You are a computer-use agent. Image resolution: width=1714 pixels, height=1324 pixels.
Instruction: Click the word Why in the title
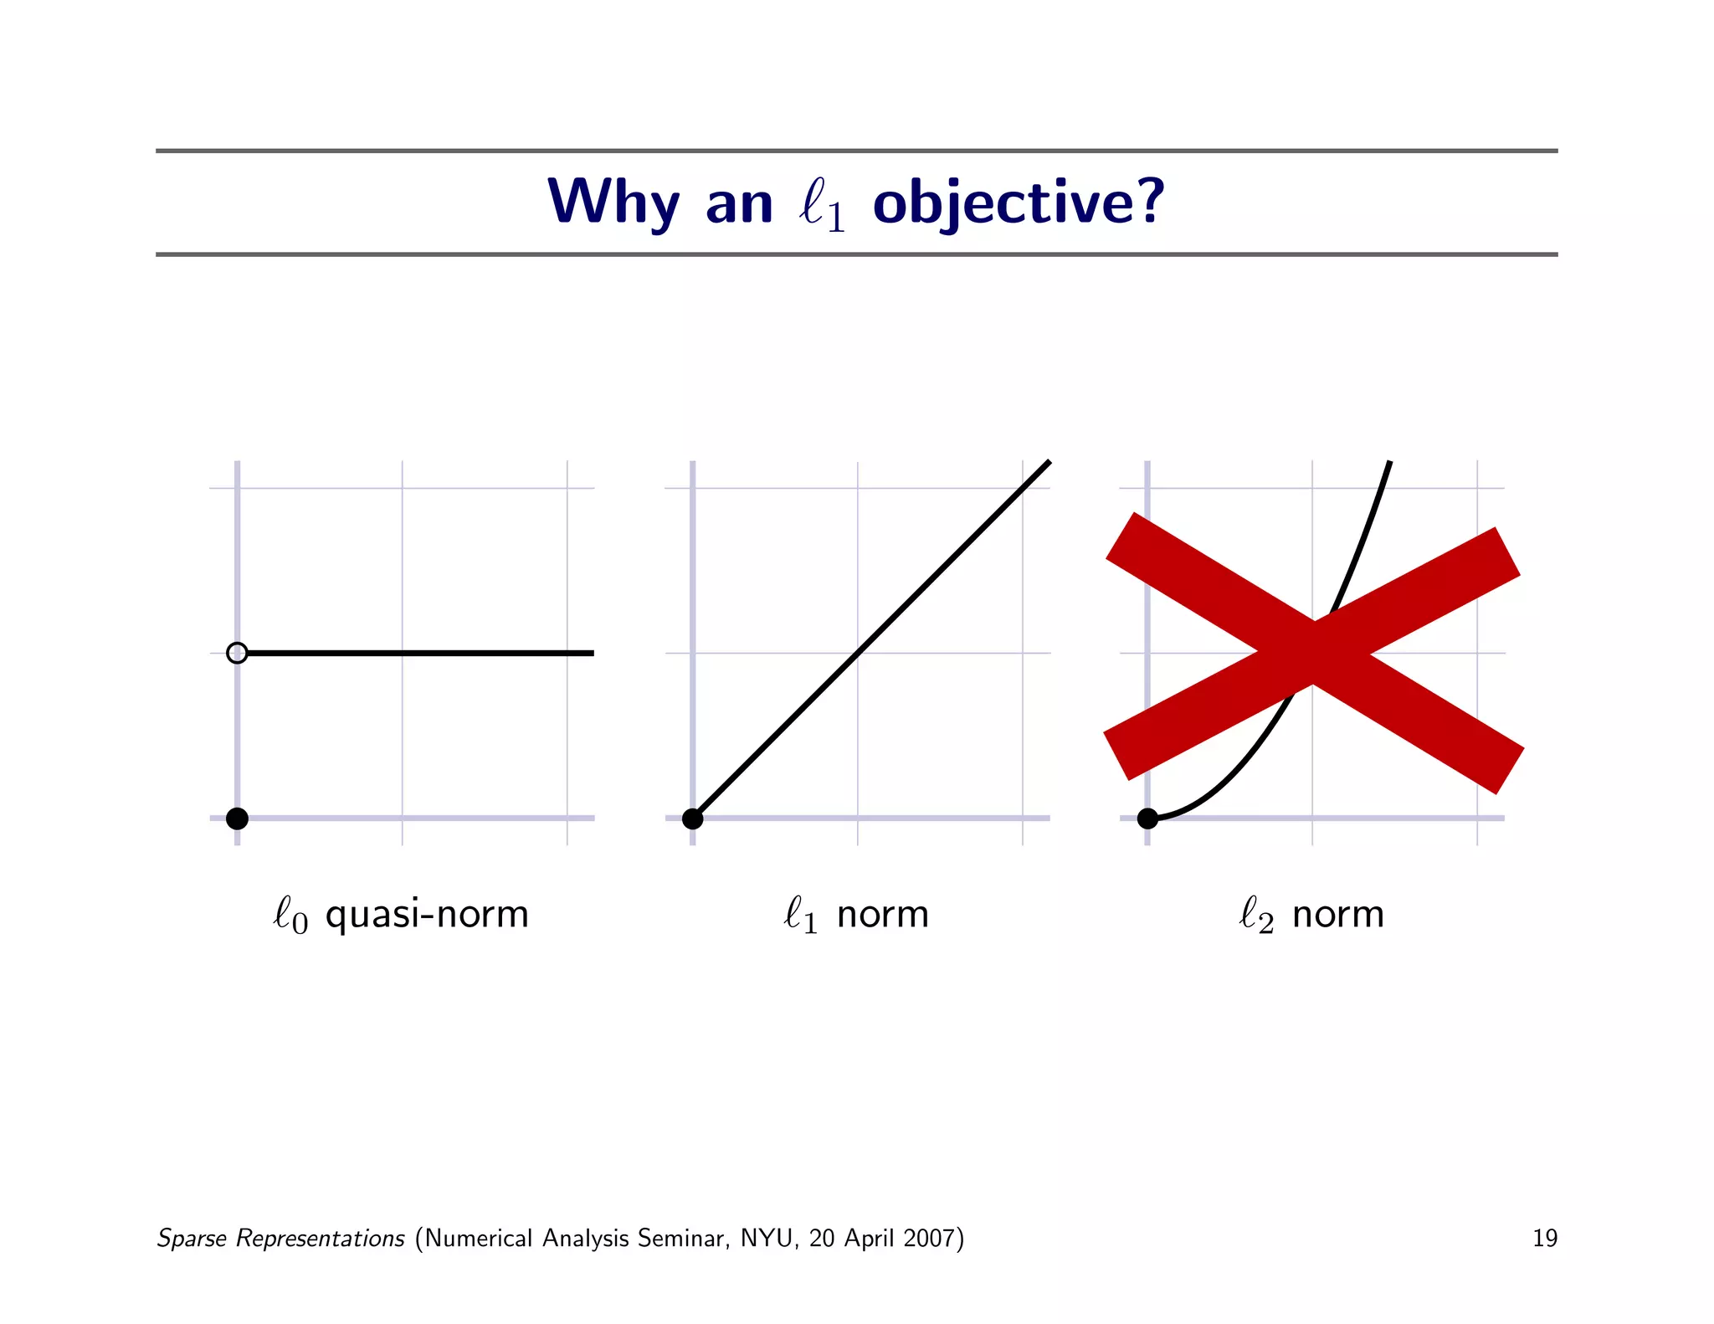pyautogui.click(x=613, y=203)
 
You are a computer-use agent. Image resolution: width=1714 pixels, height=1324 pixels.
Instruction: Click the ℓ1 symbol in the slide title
pyautogui.click(x=822, y=204)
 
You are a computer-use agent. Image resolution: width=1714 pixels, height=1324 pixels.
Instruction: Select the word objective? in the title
pyautogui.click(x=1018, y=203)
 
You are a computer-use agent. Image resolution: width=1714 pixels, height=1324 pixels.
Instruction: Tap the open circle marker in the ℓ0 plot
pyautogui.click(x=238, y=653)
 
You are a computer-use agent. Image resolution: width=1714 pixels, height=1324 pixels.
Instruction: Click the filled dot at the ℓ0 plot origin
pyautogui.click(x=238, y=819)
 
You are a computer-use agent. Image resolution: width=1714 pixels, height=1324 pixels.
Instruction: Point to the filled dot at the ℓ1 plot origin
pyautogui.click(x=693, y=819)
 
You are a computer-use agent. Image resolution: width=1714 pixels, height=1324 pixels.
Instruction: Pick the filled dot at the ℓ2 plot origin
pyautogui.click(x=1147, y=819)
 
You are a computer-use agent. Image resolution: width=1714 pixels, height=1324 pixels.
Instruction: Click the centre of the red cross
pyautogui.click(x=1313, y=653)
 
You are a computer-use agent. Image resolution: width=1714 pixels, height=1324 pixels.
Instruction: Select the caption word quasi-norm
pyautogui.click(x=427, y=915)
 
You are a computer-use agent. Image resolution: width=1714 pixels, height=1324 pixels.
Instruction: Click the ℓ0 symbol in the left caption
pyautogui.click(x=290, y=915)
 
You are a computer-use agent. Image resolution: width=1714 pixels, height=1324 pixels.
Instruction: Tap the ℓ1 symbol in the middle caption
pyautogui.click(x=800, y=915)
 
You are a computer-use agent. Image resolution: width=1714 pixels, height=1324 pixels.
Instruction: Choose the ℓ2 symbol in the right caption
pyautogui.click(x=1255, y=915)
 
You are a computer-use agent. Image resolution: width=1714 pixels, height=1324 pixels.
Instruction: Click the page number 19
pyautogui.click(x=1544, y=1238)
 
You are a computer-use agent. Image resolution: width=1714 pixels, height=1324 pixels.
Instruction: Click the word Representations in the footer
pyautogui.click(x=320, y=1238)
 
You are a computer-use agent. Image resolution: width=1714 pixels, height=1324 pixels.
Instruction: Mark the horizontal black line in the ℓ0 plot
pyautogui.click(x=418, y=653)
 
